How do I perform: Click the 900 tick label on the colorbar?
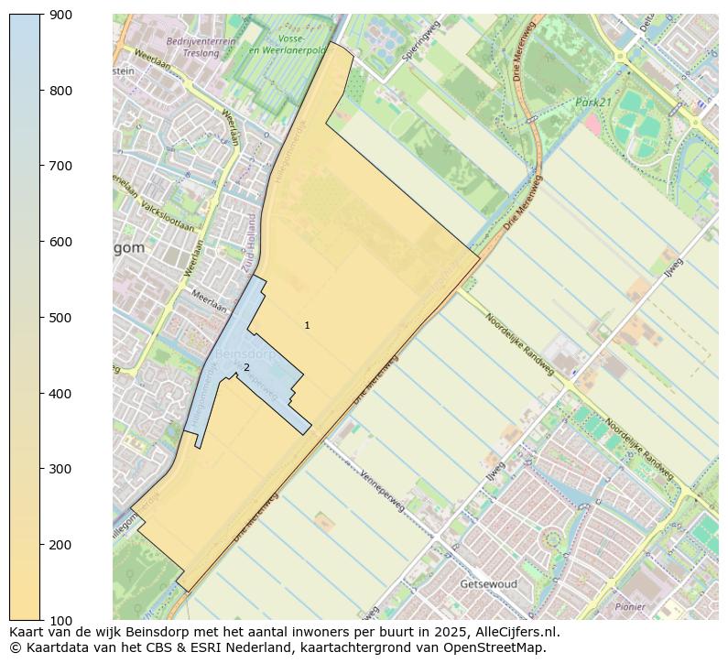60,15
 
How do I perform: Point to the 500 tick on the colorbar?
60,318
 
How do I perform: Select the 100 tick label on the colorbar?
60,620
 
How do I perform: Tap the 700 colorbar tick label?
60,166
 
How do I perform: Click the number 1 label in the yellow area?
307,326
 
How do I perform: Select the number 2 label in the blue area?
245,368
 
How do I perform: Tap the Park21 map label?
593,103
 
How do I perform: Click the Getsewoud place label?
489,584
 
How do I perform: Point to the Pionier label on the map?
630,606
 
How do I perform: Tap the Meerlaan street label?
209,301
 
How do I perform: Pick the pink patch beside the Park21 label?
592,124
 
